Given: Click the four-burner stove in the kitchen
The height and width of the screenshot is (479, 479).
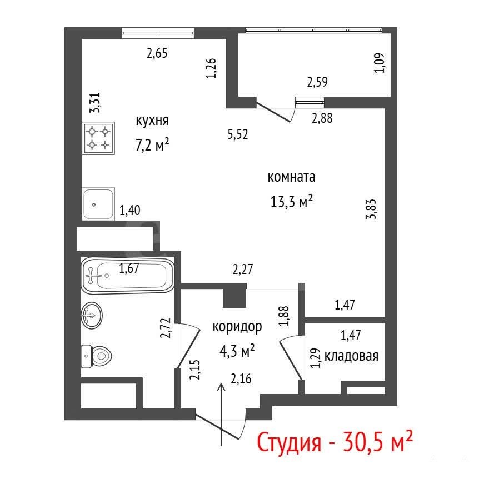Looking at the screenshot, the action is (x=98, y=138).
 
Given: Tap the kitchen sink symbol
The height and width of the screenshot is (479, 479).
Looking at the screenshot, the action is (x=98, y=204).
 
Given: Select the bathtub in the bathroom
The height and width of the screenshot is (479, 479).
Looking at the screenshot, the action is (x=128, y=276).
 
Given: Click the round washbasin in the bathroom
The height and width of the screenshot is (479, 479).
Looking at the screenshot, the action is (x=92, y=315).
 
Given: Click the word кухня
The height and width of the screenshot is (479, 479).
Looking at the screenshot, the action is (x=152, y=121).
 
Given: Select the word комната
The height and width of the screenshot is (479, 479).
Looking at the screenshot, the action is (x=291, y=177).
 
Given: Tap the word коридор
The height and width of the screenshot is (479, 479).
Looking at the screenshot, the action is (x=237, y=327).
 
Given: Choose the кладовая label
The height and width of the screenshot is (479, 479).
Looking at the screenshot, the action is (x=351, y=356).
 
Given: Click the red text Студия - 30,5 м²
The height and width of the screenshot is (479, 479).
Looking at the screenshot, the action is (x=335, y=442).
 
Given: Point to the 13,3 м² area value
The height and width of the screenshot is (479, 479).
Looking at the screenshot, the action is (x=291, y=202).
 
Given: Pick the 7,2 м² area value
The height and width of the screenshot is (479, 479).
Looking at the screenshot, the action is (x=152, y=145).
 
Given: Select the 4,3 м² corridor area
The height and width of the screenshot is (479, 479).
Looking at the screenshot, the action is (x=237, y=351).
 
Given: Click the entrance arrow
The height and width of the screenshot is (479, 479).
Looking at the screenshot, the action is (x=221, y=415).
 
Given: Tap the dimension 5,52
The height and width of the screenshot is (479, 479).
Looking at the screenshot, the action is (x=238, y=134).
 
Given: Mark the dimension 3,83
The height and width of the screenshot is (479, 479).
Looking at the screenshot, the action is (x=371, y=209).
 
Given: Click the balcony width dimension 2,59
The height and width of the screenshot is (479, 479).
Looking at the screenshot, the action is (x=317, y=82).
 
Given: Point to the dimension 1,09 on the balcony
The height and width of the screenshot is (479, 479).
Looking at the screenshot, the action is (x=380, y=63).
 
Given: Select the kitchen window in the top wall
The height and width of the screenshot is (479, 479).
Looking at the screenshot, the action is (x=158, y=33).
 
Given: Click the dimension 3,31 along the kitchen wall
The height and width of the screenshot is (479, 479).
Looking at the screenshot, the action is (x=95, y=103).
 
